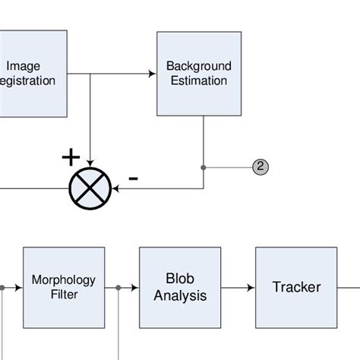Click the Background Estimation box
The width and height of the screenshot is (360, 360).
[x=199, y=73]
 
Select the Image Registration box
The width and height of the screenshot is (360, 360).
[x=30, y=73]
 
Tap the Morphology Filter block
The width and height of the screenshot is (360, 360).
[x=65, y=286]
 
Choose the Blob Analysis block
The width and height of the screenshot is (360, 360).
[x=180, y=287]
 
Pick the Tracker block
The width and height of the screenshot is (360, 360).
[x=296, y=287]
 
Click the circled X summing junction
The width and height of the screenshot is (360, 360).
[x=90, y=188]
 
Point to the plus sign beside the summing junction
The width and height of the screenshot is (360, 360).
[x=71, y=158]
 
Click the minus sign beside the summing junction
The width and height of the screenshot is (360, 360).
[x=133, y=178]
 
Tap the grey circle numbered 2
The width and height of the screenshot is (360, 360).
[x=261, y=166]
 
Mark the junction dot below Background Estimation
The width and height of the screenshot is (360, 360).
[x=204, y=166]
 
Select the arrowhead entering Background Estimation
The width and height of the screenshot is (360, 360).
[x=152, y=74]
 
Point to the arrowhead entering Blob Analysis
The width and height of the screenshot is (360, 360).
[x=135, y=288]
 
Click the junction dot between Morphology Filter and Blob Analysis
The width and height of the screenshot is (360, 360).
[x=118, y=288]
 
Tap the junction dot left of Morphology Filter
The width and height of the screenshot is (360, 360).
[x=2, y=288]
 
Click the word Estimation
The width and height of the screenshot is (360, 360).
[x=199, y=80]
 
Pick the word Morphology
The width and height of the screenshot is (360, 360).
[x=65, y=279]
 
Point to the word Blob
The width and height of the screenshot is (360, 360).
[x=180, y=279]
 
